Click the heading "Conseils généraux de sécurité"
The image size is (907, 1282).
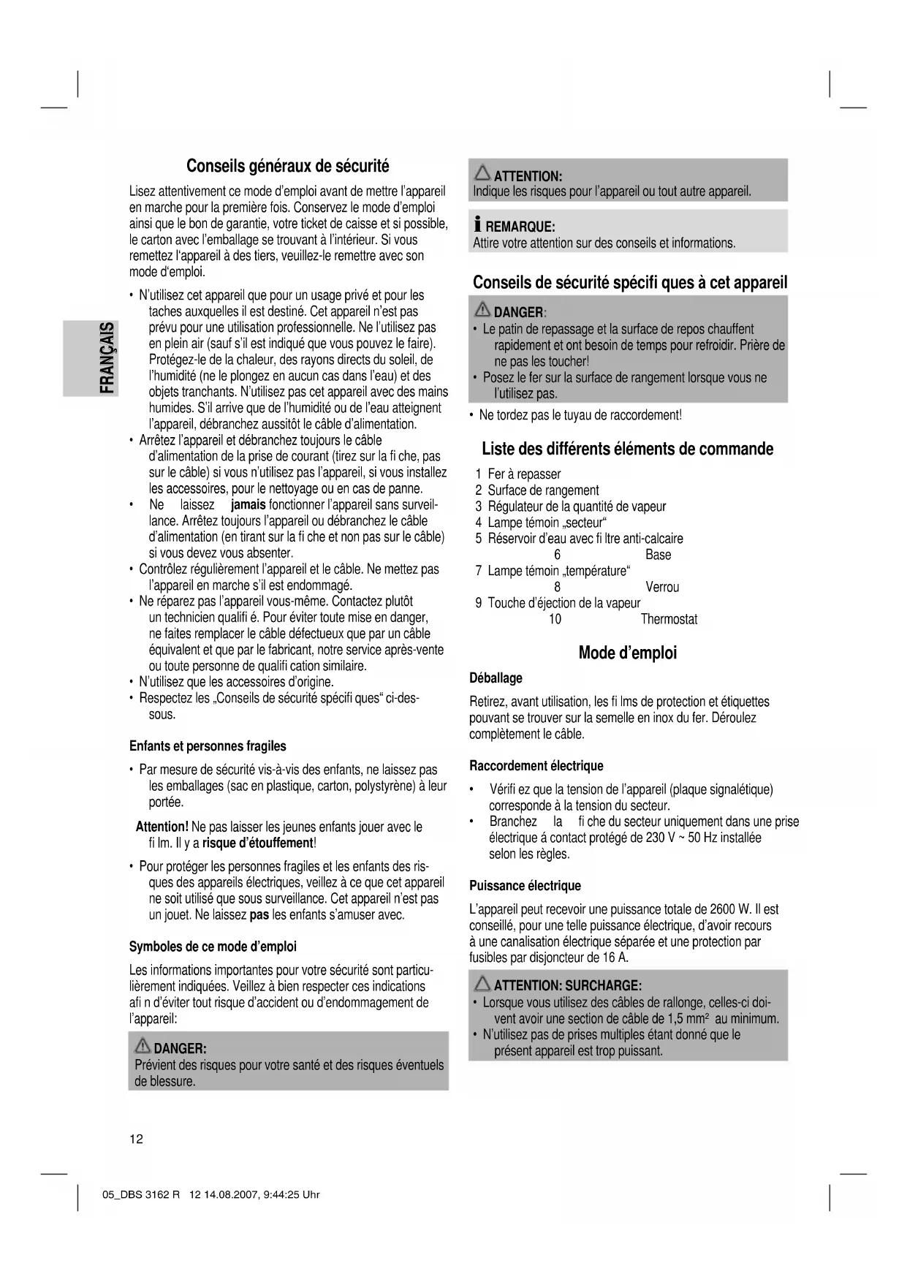pos(288,165)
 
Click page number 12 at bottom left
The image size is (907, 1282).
pos(137,1139)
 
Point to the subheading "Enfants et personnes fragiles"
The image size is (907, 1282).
pos(208,746)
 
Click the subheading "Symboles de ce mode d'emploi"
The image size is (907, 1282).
pos(213,947)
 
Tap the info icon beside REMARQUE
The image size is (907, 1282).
pos(477,226)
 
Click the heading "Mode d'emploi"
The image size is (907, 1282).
pos(627,653)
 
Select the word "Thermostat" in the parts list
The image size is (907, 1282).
pos(669,620)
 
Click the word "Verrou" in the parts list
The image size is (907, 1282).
pos(662,588)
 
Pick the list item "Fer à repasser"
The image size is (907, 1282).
pos(524,474)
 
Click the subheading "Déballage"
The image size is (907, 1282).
pos(496,678)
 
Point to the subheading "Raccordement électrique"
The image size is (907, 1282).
pos(536,766)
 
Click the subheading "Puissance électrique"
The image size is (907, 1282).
pos(525,886)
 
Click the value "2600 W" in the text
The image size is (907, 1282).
pos(730,910)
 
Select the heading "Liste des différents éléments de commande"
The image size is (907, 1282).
pos(627,449)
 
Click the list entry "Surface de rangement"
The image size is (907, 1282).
pos(543,490)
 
